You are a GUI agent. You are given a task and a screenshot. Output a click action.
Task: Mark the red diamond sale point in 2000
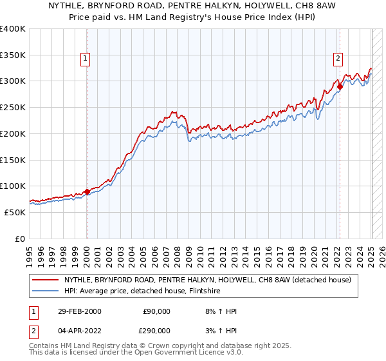tap(87, 191)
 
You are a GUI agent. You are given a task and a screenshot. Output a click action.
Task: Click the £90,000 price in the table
tap(154, 312)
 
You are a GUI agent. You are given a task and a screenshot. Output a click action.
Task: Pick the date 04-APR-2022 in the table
tap(78, 330)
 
